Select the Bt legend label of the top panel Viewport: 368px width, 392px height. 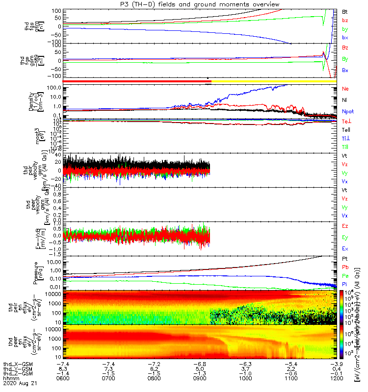click(344, 11)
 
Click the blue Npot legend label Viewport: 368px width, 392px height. click(347, 111)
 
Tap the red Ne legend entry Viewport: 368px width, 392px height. click(345, 89)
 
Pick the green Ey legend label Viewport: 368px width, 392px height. click(345, 237)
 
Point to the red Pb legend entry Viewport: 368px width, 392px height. click(345, 267)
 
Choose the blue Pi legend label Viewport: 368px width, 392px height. click(344, 284)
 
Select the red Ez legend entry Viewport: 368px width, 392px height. click(345, 226)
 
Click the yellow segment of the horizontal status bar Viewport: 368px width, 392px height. click(275, 80)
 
